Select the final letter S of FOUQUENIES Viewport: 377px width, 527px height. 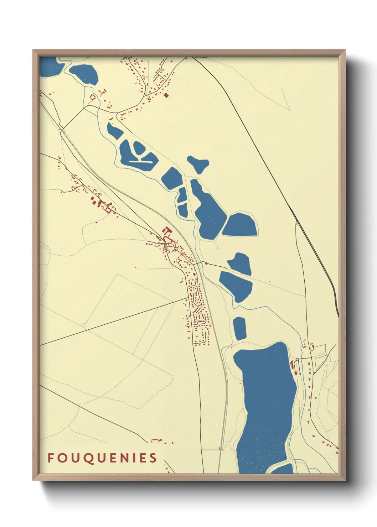coord(153,458)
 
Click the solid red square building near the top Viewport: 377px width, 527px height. coord(166,95)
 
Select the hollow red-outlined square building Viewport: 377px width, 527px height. coord(93,96)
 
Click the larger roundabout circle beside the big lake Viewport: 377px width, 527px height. coord(297,359)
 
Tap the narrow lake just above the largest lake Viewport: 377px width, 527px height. coord(240,328)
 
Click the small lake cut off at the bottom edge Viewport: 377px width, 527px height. coord(283,469)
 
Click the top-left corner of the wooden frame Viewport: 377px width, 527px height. coord(33,50)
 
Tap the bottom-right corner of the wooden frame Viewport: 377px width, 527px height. coord(345,480)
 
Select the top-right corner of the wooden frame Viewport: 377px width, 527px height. coord(345,50)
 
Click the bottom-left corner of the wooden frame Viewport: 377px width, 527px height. coord(33,480)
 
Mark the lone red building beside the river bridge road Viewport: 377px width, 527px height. coord(206,263)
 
